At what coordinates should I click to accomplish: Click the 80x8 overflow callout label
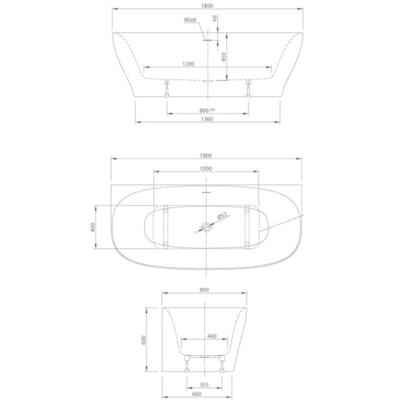[190, 20]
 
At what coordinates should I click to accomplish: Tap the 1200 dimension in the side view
[188, 64]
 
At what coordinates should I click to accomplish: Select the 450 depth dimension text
[224, 57]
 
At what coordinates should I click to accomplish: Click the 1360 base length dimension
[207, 119]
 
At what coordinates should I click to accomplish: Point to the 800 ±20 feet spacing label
[207, 111]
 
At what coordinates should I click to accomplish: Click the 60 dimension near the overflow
[215, 18]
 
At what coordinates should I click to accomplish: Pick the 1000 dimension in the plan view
[206, 168]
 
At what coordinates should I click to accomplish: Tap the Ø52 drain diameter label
[222, 216]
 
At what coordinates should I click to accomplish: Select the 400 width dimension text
[93, 227]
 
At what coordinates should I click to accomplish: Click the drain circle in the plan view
[207, 227]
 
